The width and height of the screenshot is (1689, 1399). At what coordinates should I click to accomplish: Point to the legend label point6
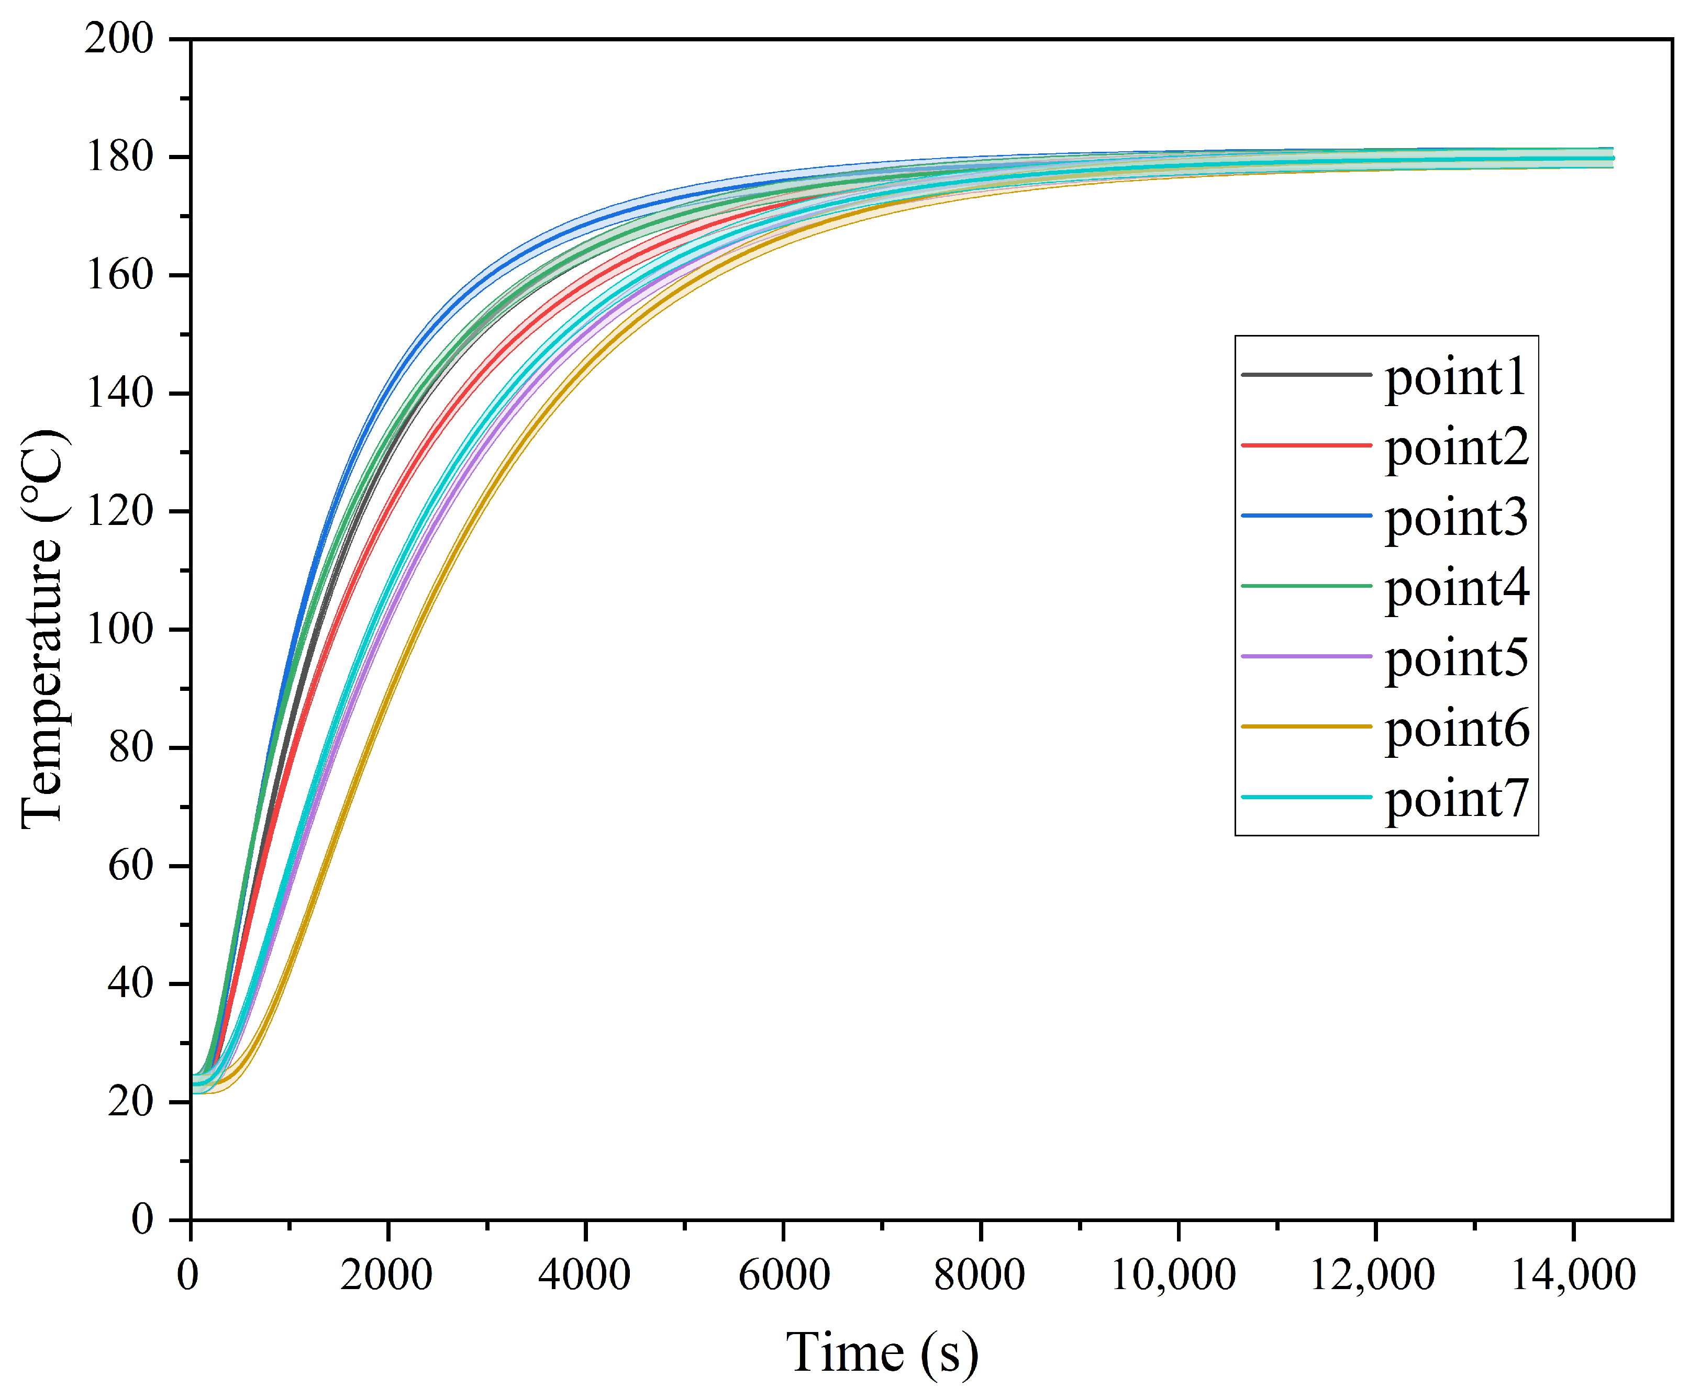tap(1457, 729)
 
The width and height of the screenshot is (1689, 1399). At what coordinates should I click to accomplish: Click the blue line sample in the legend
tap(1306, 516)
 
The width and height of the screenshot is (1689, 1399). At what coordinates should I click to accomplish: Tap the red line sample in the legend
tap(1306, 445)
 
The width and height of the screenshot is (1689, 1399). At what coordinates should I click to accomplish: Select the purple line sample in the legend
tap(1306, 656)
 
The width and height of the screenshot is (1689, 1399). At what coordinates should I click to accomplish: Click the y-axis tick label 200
tap(119, 39)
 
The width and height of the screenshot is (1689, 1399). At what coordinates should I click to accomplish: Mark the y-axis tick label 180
tap(119, 157)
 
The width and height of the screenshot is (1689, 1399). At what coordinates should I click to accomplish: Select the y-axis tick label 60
tap(130, 866)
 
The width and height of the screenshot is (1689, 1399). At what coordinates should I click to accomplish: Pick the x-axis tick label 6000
tap(783, 1274)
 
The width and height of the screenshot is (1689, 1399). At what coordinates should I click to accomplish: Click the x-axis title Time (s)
tap(882, 1353)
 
